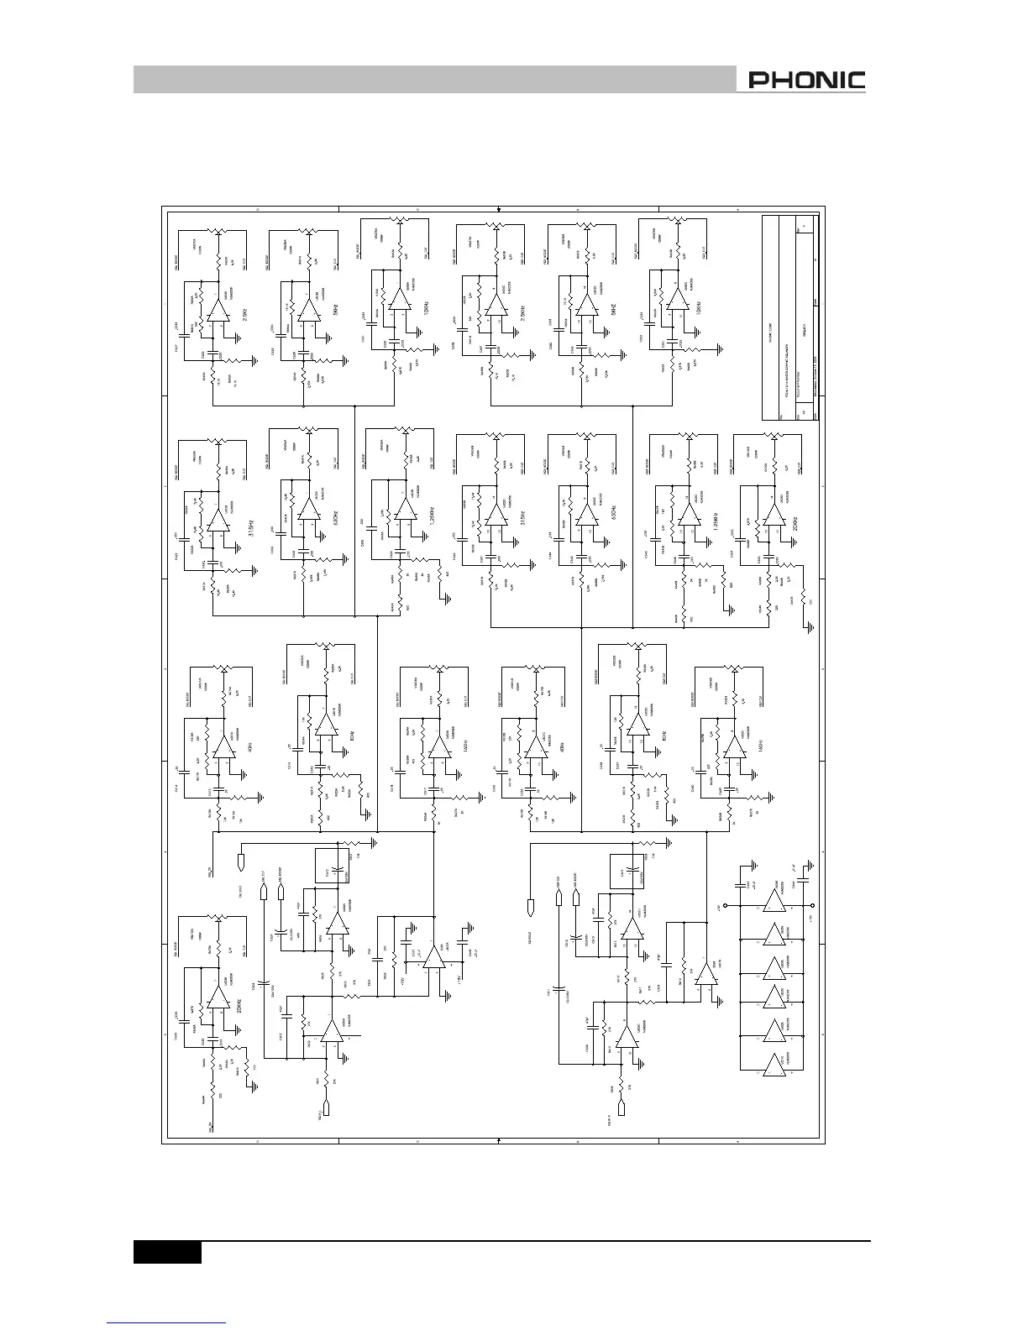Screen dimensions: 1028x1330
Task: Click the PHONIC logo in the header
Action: [x=806, y=81]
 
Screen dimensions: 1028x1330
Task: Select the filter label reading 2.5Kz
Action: [x=244, y=317]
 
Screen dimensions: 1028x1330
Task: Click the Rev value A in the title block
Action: [x=805, y=225]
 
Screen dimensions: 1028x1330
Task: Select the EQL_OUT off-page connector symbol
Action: [x=241, y=861]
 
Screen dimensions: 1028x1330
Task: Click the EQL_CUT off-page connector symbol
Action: [x=265, y=891]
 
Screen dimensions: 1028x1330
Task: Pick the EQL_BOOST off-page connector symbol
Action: [x=282, y=891]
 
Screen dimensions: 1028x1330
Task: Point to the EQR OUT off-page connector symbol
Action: [x=530, y=908]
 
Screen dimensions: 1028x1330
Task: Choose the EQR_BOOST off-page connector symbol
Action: [x=576, y=896]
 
